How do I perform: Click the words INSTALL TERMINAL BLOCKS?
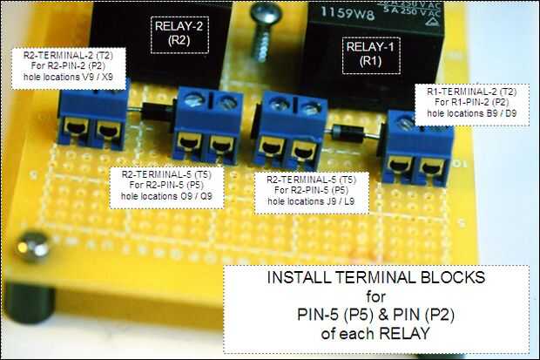375,282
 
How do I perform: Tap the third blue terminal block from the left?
287,131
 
